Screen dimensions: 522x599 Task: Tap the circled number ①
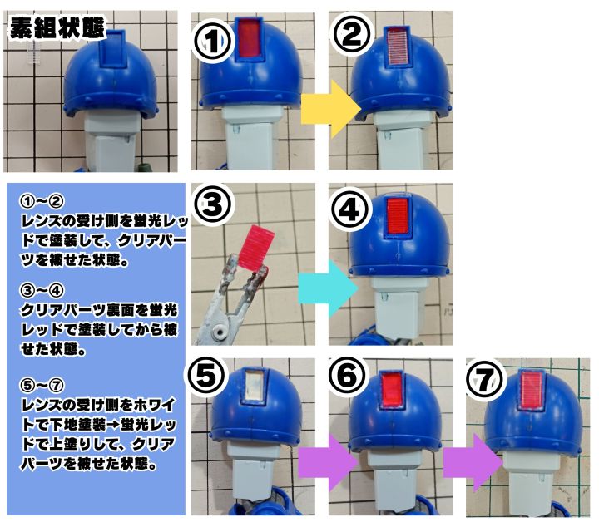click(215, 37)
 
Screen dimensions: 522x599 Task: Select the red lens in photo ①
click(250, 40)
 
